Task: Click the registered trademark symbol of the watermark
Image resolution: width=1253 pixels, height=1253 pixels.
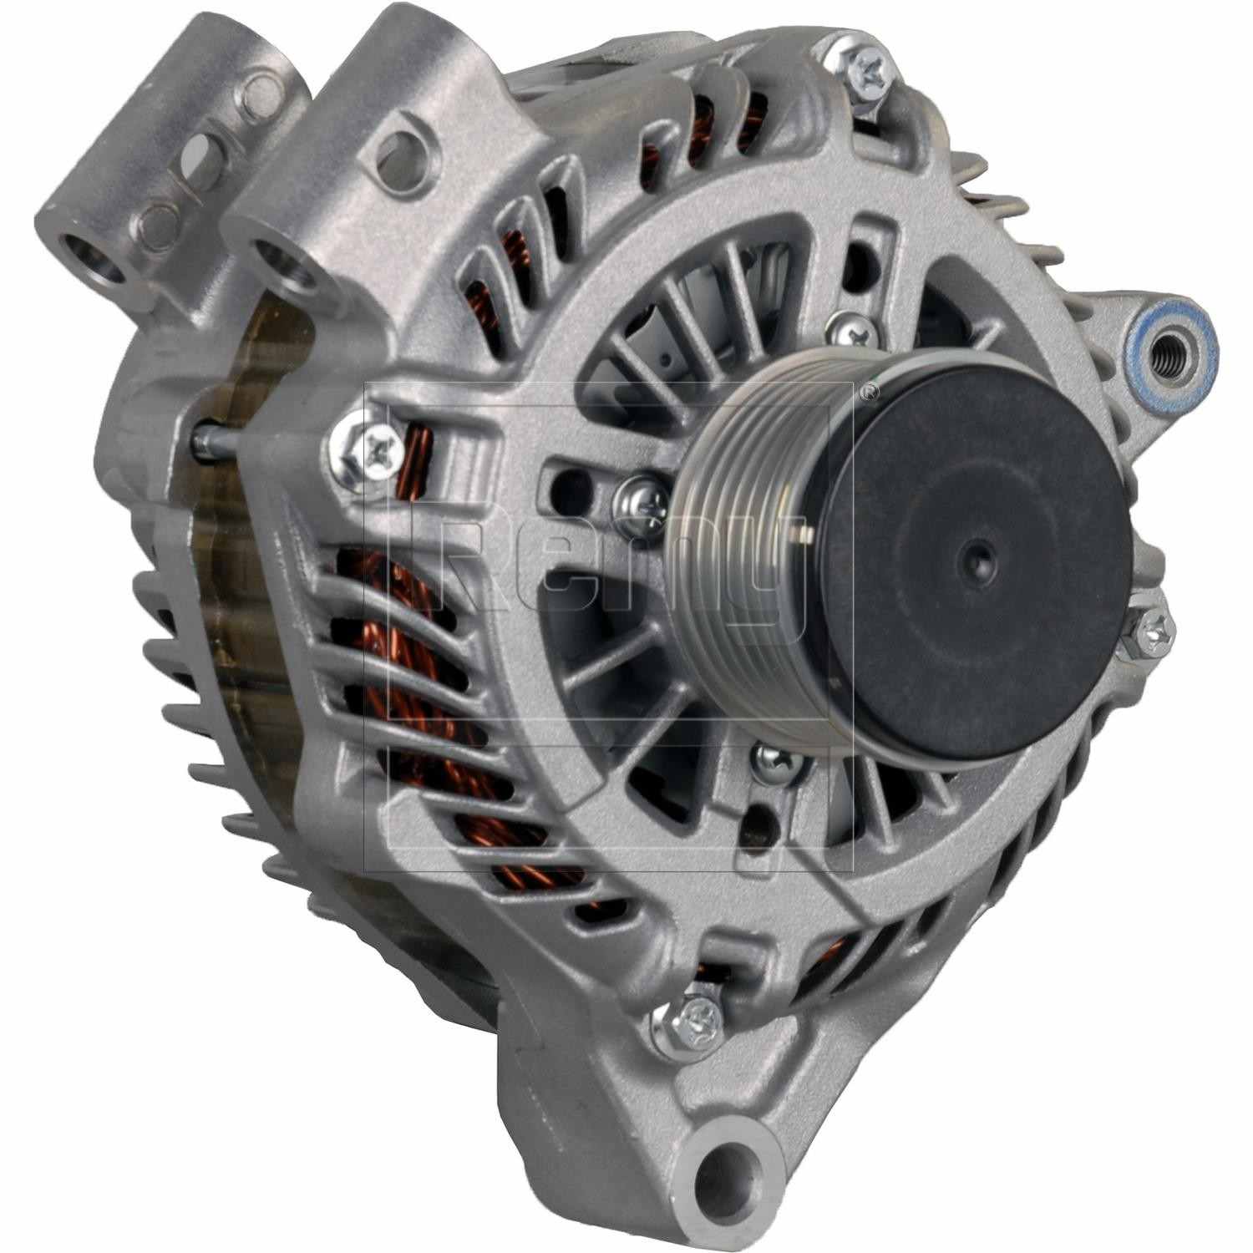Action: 870,390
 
